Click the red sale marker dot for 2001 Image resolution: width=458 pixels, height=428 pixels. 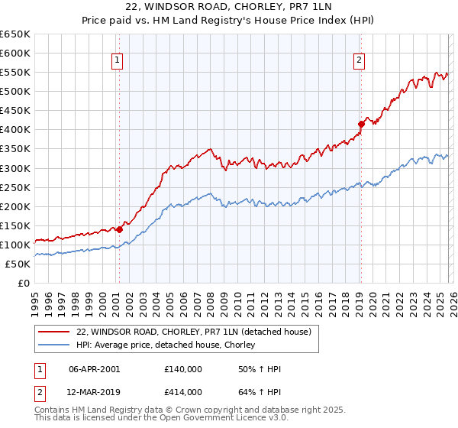[x=120, y=229]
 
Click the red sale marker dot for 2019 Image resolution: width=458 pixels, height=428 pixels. [x=361, y=124]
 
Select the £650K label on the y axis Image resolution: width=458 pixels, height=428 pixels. [x=16, y=34]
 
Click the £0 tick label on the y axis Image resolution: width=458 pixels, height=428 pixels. [x=23, y=283]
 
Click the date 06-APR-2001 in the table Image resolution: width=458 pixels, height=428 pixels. [x=94, y=369]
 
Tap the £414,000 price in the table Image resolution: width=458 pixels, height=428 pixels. [x=182, y=392]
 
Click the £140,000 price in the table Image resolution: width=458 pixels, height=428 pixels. [x=182, y=369]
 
